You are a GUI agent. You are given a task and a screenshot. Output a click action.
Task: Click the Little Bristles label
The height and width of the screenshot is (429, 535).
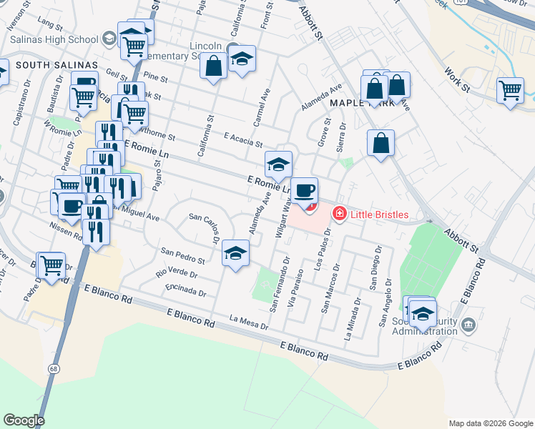tap(378, 214)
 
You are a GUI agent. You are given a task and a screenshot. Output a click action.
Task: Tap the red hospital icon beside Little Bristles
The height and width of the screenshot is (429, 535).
tap(338, 214)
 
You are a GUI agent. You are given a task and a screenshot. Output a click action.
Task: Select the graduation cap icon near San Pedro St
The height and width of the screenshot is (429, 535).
tap(235, 253)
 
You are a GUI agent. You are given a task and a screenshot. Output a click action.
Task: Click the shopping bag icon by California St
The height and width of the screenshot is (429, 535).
tap(214, 67)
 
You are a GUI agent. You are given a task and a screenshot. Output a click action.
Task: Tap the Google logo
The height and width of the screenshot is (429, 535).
tap(24, 420)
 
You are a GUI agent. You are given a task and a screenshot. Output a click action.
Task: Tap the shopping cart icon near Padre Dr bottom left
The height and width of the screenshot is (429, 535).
tap(51, 266)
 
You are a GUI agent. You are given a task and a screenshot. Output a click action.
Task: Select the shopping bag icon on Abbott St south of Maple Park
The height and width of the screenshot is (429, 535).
tap(381, 142)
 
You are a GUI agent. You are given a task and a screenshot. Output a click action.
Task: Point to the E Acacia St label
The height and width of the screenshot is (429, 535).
tap(243, 139)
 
